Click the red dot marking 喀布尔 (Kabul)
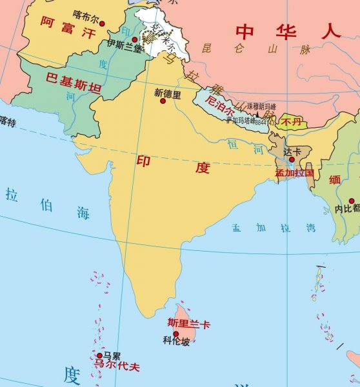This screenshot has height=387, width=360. [102, 23]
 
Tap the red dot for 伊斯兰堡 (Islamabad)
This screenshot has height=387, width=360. [135, 39]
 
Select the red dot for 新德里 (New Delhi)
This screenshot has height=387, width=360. [163, 101]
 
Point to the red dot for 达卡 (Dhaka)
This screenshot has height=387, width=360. [292, 159]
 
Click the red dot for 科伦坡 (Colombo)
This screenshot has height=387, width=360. [175, 333]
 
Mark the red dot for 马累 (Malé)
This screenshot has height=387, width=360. [99, 355]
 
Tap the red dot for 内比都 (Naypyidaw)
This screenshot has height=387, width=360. [352, 201]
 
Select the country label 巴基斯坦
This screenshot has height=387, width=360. [73, 84]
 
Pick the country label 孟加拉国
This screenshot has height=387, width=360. [294, 173]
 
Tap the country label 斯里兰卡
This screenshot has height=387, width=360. [188, 322]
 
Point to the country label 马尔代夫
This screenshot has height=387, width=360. [117, 366]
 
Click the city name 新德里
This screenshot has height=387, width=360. [168, 92]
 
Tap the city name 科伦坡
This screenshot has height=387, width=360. [176, 342]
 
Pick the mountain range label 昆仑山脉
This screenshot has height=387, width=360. [255, 48]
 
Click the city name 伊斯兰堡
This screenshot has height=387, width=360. [125, 45]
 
